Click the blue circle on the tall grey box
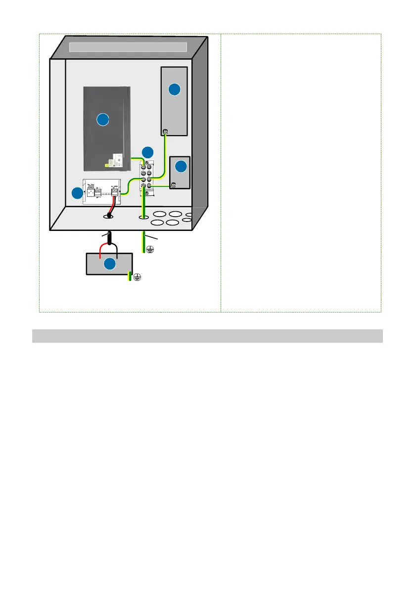174,90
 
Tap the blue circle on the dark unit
102,119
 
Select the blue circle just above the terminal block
147,152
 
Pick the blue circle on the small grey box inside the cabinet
181,166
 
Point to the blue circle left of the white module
77,194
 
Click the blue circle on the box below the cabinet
109,265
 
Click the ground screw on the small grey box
174,185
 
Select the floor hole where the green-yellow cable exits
143,217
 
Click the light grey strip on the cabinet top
128,47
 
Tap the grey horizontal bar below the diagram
207,336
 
